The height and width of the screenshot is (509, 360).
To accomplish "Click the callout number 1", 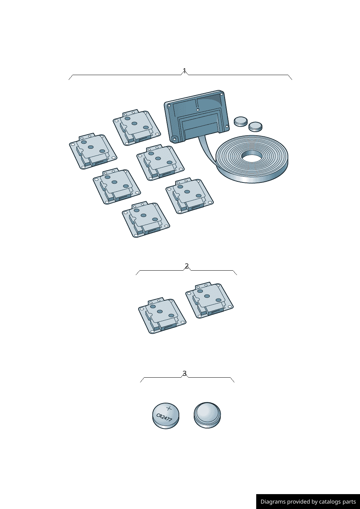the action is click(185, 70).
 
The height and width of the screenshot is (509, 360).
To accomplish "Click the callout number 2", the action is click(187, 266).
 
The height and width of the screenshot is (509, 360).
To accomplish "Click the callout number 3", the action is click(185, 373).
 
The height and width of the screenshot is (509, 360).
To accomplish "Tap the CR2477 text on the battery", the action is click(164, 418).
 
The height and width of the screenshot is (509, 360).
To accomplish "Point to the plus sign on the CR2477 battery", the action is click(169, 409).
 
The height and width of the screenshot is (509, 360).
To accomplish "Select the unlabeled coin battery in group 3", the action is click(207, 415).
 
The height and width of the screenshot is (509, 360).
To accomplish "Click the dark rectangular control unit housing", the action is click(197, 116).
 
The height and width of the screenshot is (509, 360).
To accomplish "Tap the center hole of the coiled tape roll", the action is click(252, 157).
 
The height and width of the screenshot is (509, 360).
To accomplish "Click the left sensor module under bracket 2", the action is click(162, 315).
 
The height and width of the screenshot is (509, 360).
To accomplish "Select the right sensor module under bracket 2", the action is click(209, 300).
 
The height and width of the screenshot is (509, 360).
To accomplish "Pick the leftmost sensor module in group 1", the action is click(93, 151).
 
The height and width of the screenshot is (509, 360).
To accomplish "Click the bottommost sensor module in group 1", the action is click(146, 219).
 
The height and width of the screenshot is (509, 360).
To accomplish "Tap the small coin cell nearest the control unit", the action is click(241, 121).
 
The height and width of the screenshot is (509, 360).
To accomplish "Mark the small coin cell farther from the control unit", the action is click(255, 127).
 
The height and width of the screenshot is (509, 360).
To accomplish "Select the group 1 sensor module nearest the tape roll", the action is click(189, 196).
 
